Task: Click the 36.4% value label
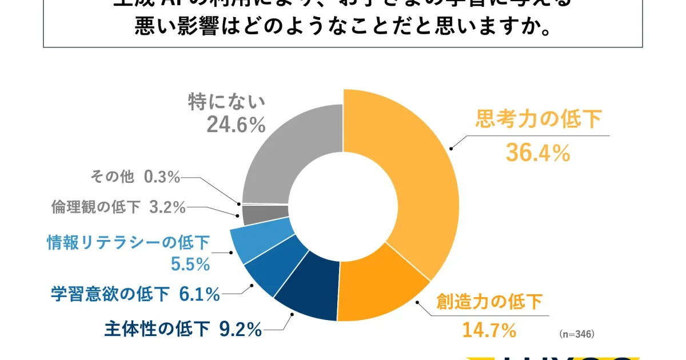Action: pos(538,153)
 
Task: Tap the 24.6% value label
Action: pos(236,125)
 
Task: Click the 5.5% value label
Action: pos(190,265)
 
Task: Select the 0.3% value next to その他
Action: pos(162,178)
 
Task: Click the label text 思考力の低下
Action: pos(539,120)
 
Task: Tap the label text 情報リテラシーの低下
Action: pos(128,243)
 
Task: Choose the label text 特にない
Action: pos(227,102)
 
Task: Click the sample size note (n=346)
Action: pos(578,332)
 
